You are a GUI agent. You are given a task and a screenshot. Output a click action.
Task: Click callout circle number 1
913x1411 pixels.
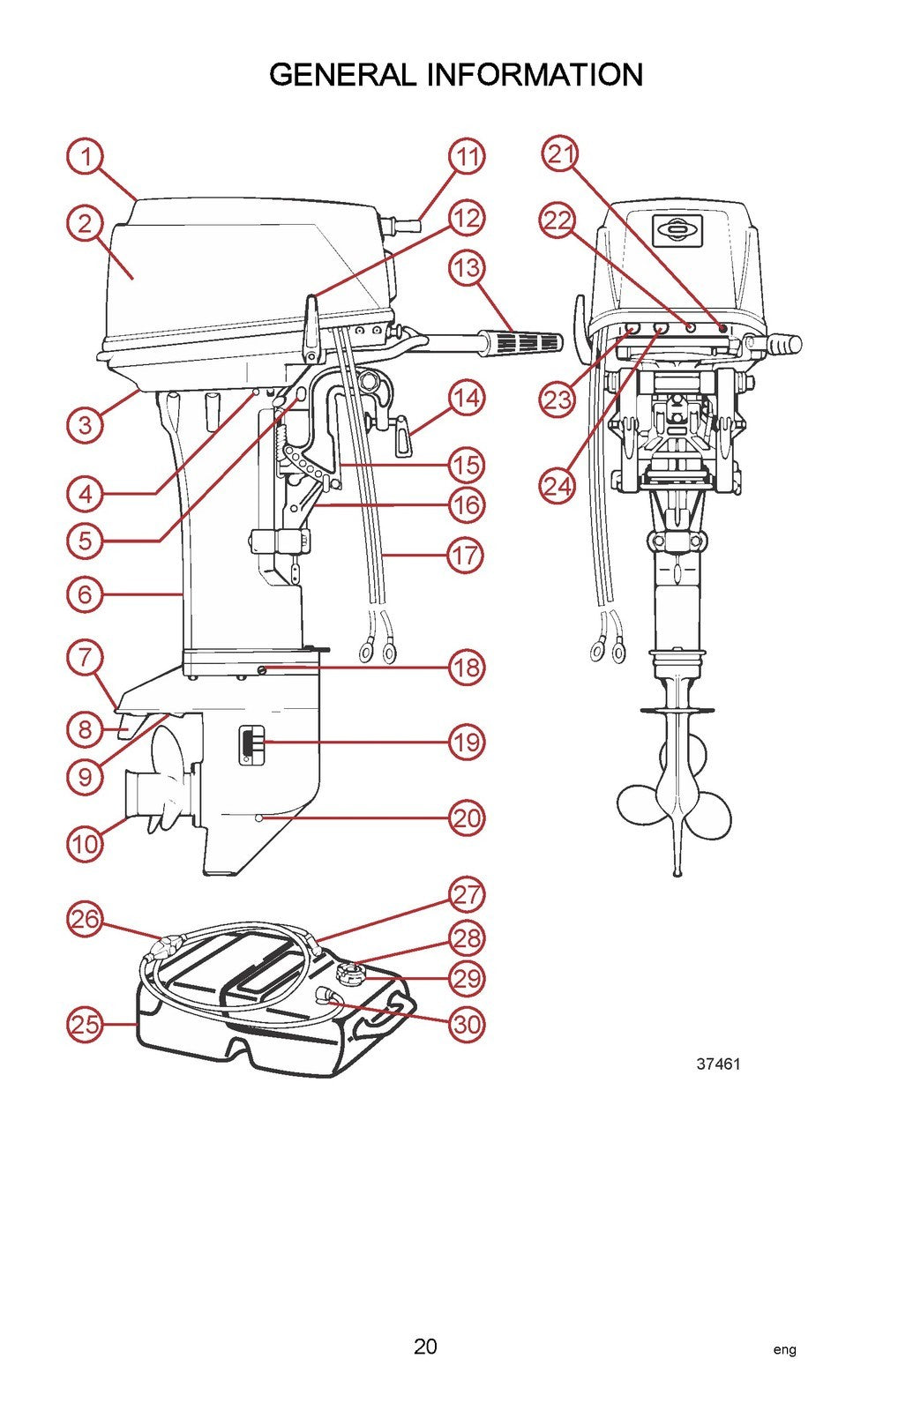click(x=86, y=158)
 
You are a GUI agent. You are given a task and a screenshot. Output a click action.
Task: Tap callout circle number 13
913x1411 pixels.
click(x=467, y=267)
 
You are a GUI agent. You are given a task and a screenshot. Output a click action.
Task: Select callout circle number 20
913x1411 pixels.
click(x=467, y=818)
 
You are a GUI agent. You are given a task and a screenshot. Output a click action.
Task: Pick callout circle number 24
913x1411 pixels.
click(x=557, y=485)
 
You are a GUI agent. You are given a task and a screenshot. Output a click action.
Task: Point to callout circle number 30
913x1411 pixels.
click(x=467, y=1025)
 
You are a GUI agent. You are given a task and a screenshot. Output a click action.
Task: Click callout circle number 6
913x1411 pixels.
click(x=86, y=594)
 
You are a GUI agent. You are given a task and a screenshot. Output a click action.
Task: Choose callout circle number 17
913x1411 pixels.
click(x=467, y=556)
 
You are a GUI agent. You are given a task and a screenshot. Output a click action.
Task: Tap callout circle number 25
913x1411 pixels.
click(x=86, y=1025)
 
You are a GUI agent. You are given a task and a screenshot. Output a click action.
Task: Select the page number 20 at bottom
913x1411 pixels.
click(x=425, y=1346)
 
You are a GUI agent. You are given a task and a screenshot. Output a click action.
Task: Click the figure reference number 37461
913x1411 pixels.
click(x=718, y=1064)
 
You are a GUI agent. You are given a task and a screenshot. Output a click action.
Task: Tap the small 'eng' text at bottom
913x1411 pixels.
click(x=784, y=1349)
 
